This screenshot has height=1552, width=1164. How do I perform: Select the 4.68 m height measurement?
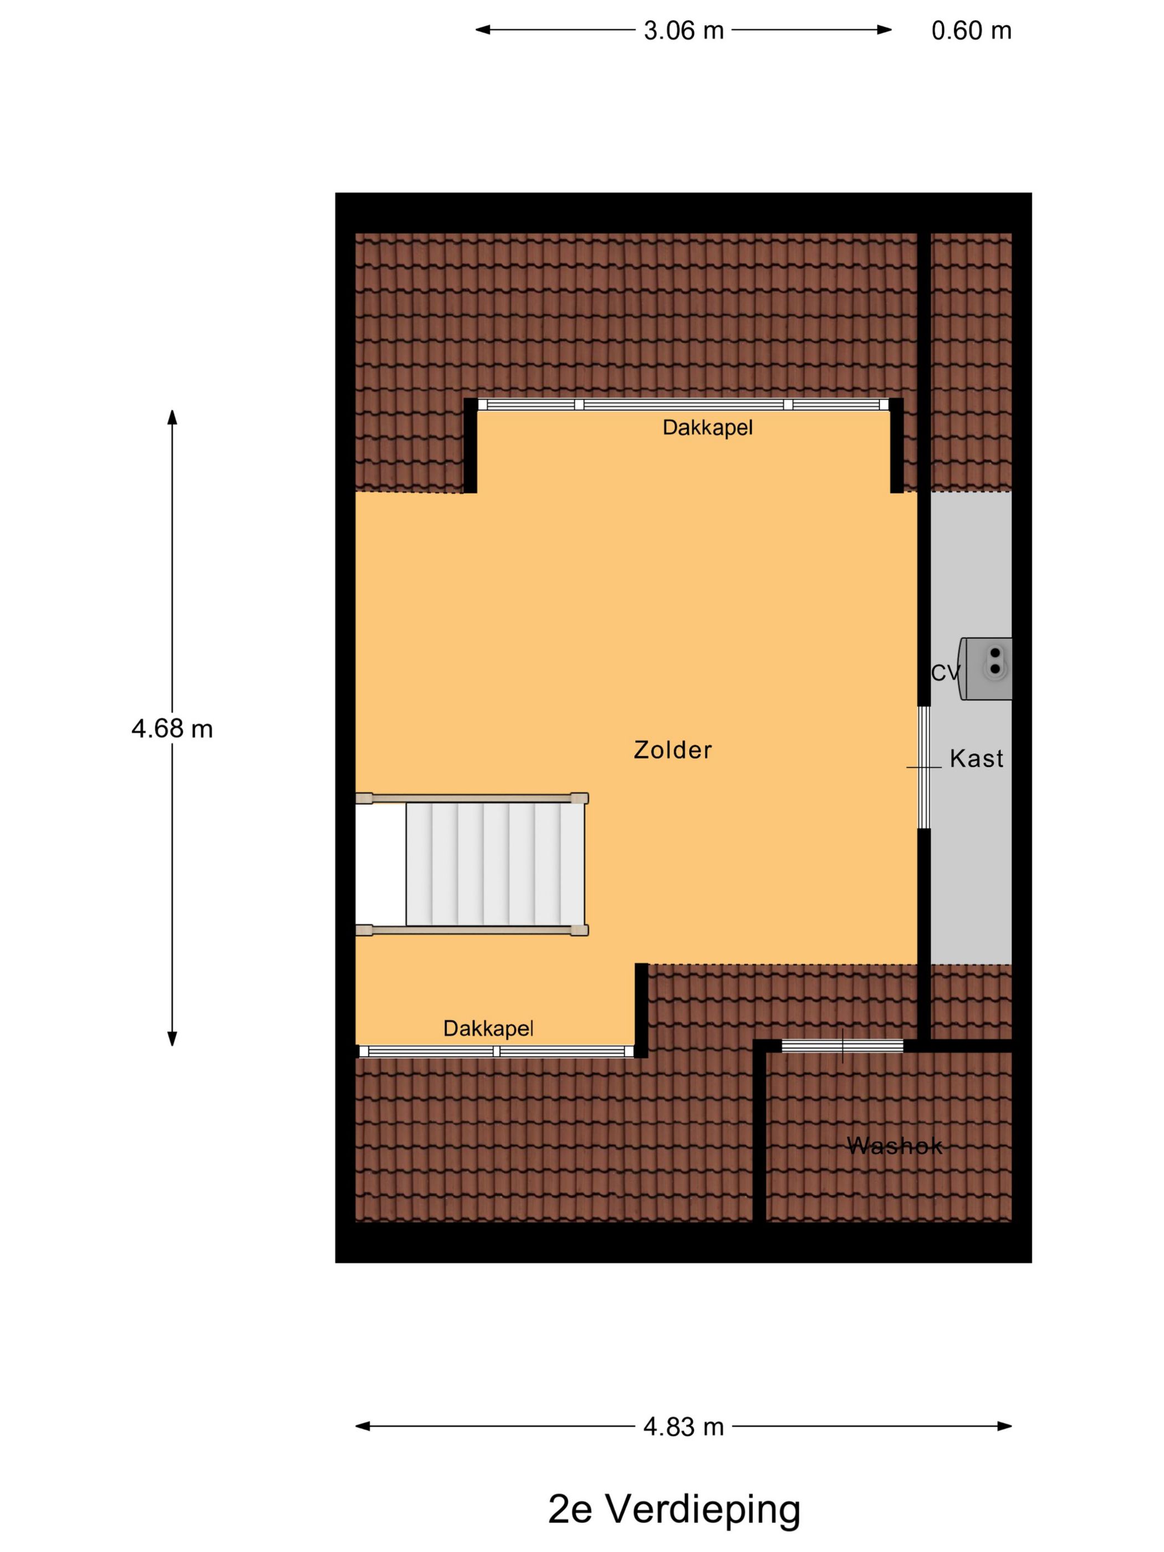pos(172,729)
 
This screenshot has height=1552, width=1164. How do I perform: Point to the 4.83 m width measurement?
pos(683,1426)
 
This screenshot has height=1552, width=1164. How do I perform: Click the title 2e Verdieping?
pos(673,1509)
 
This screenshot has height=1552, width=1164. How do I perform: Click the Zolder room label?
pos(672,750)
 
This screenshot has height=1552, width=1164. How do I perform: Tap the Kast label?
pos(976,758)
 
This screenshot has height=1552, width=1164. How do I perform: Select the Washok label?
pos(894,1146)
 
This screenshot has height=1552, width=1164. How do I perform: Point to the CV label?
pos(945,673)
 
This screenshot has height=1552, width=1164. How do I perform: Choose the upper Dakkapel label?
pos(707,427)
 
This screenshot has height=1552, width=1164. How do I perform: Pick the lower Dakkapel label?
pos(488,1029)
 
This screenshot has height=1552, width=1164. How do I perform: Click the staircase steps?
pos(494,864)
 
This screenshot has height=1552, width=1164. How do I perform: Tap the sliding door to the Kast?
pos(924,767)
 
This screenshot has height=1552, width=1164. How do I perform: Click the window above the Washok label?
pos(842,1045)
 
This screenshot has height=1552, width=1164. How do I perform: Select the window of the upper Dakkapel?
pos(683,404)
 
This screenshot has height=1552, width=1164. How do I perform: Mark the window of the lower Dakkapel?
pos(496,1051)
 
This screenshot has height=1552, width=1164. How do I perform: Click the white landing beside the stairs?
pos(380,864)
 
